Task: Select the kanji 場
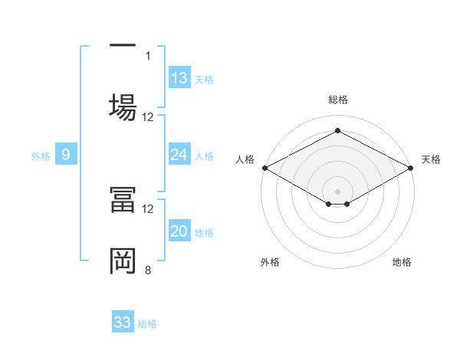point(123,104)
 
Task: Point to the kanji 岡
point(123,260)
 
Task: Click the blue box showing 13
point(179,78)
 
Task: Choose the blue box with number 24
point(179,155)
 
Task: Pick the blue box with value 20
point(179,231)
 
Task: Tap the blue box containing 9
point(66,155)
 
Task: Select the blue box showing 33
point(123,322)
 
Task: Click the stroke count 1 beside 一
point(148,55)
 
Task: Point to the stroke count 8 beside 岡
point(148,270)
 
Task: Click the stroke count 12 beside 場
point(148,117)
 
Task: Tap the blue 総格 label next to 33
point(147,324)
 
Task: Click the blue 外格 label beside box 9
point(41,156)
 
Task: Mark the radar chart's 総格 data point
point(337,131)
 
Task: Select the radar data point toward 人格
point(264,168)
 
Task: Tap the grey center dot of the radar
point(337,190)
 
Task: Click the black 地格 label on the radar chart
point(402,262)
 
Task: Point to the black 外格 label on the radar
point(270,262)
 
